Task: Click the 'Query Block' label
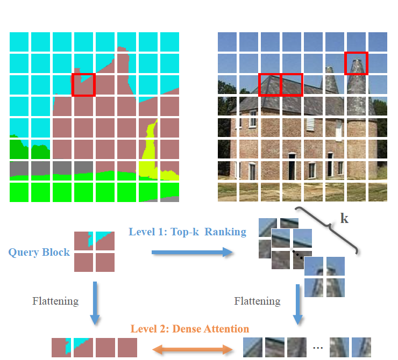(x=39, y=253)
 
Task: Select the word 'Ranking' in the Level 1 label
(x=225, y=232)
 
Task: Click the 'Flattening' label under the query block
(x=55, y=301)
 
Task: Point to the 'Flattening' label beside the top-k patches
(x=257, y=301)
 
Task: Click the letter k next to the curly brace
(x=344, y=218)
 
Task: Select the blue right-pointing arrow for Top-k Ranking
(x=192, y=252)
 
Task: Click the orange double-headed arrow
(x=193, y=349)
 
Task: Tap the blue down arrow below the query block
(x=95, y=303)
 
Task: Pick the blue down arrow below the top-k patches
(x=298, y=305)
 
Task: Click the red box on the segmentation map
(x=83, y=85)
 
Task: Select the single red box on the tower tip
(x=357, y=63)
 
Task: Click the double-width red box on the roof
(x=281, y=85)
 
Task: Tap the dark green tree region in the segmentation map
(x=30, y=148)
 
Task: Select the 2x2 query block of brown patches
(x=94, y=251)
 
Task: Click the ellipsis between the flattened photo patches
(x=318, y=348)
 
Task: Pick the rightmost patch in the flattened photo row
(x=361, y=347)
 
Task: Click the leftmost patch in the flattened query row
(x=61, y=347)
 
